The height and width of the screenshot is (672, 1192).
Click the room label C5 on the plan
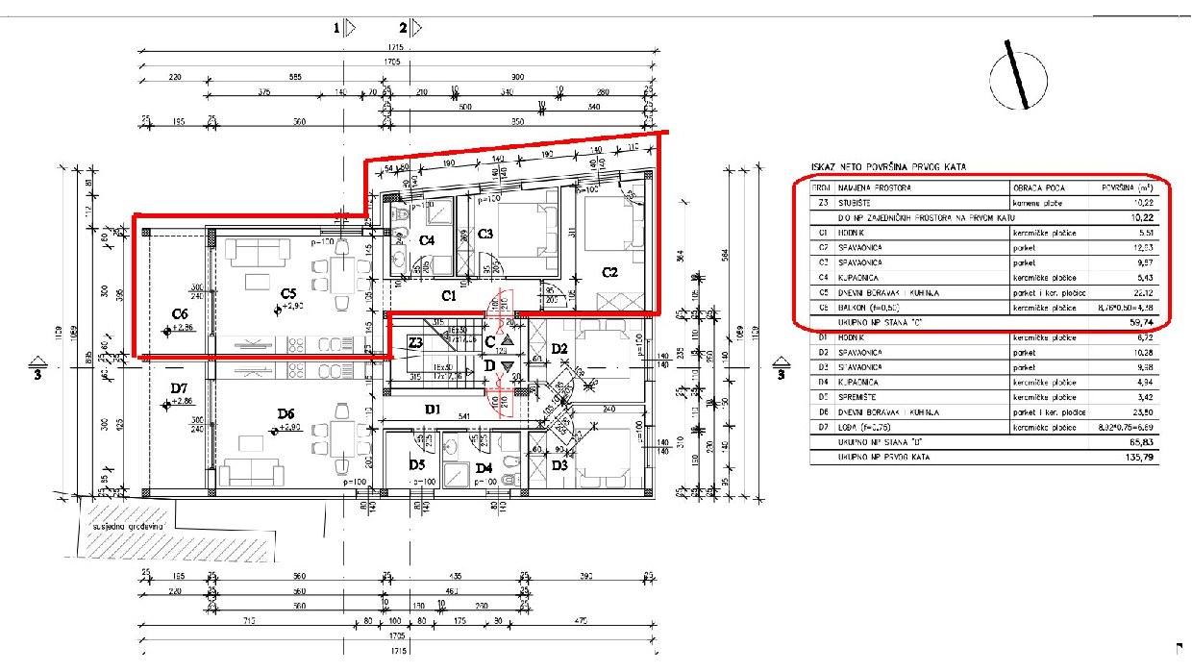pos(286,292)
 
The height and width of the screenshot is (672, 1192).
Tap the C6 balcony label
pos(179,313)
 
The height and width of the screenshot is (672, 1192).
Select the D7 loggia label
pos(179,387)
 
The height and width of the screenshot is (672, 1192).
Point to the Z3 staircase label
pos(415,342)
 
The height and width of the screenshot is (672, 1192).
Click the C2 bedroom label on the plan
pos(608,272)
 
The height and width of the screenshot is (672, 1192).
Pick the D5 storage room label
pos(416,465)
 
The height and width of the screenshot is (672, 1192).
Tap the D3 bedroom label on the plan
pos(559,465)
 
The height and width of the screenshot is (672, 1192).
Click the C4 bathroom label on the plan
pos(427,240)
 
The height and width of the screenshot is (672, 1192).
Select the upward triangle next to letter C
pos(508,339)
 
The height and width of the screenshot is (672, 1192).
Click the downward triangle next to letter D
pos(508,365)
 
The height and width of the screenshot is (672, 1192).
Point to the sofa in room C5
pos(258,252)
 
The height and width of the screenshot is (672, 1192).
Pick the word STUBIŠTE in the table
pos(857,203)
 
